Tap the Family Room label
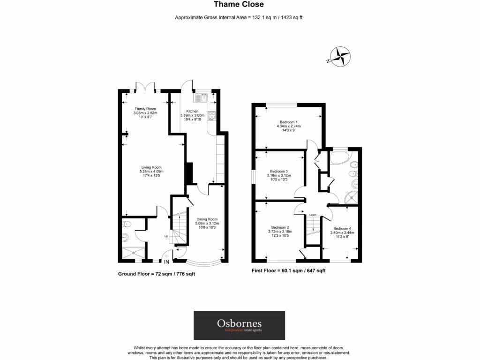145,109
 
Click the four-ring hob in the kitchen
211,115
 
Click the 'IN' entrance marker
166,262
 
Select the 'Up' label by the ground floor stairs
165,236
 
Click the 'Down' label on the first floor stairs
313,215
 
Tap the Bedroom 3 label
279,171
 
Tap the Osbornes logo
240,325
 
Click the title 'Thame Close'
239,5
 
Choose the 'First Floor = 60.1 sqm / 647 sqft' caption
288,270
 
